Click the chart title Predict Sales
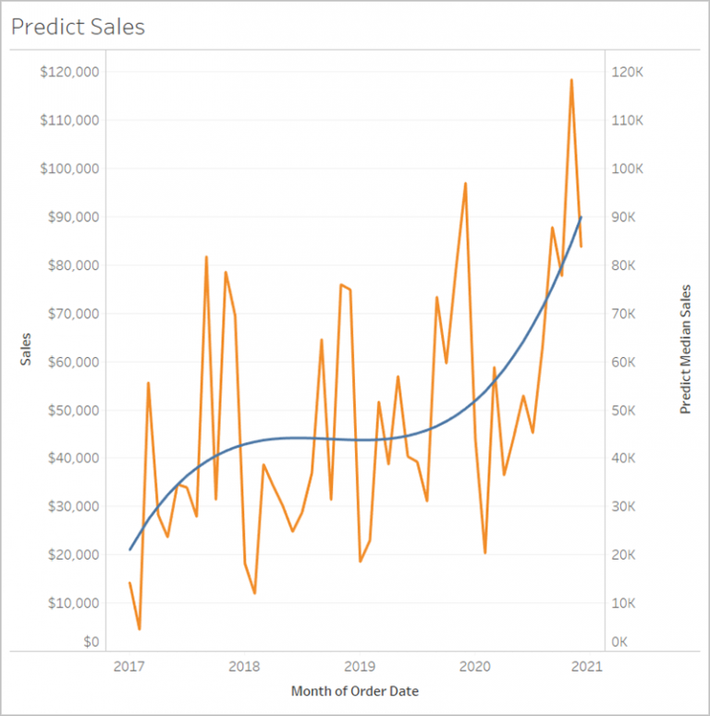pyautogui.click(x=78, y=27)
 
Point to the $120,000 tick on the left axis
pyautogui.click(x=71, y=72)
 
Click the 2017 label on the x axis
pyautogui.click(x=129, y=666)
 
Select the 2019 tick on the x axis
pyautogui.click(x=360, y=666)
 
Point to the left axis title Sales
pyautogui.click(x=26, y=349)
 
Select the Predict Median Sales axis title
pyautogui.click(x=685, y=349)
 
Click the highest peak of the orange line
pyautogui.click(x=571, y=80)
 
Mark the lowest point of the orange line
pyautogui.click(x=139, y=629)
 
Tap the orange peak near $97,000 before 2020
pyautogui.click(x=465, y=183)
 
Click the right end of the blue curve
pyautogui.click(x=581, y=217)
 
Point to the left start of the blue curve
pyautogui.click(x=129, y=549)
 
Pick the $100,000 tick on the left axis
pyautogui.click(x=71, y=168)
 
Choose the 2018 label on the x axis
pyautogui.click(x=244, y=666)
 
